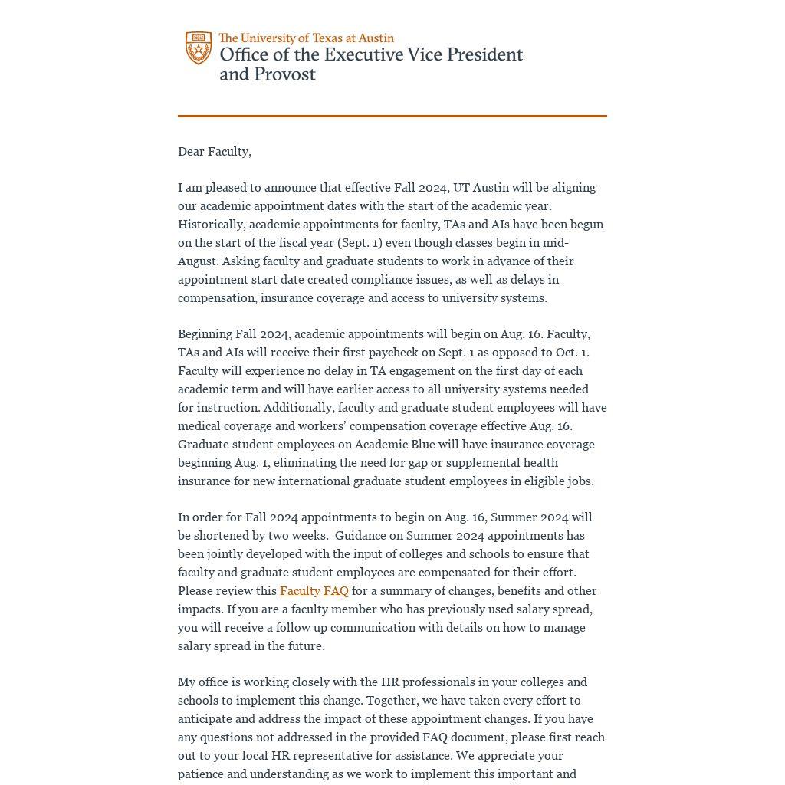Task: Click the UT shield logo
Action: point(199,48)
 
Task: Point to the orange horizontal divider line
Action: point(392,116)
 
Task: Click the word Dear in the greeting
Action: point(191,152)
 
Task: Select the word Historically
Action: point(212,225)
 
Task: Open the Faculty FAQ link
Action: point(314,591)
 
